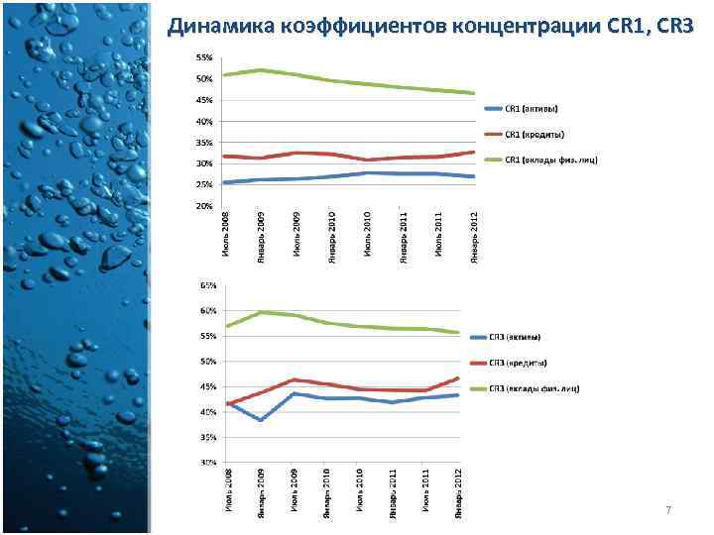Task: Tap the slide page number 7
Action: point(668,510)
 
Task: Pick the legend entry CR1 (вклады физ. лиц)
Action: point(550,160)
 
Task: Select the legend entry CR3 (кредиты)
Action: point(536,363)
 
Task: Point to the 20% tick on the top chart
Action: point(203,206)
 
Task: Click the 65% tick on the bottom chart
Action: point(208,285)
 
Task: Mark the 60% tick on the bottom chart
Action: point(208,311)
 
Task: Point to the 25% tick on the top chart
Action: point(203,184)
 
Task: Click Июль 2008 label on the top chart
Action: point(225,236)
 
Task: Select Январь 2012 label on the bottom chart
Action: point(457,491)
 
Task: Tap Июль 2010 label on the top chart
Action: point(368,236)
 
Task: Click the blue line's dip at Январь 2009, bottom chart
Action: point(260,420)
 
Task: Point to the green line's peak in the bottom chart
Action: point(260,312)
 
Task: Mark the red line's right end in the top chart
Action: point(474,152)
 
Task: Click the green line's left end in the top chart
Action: point(225,74)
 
